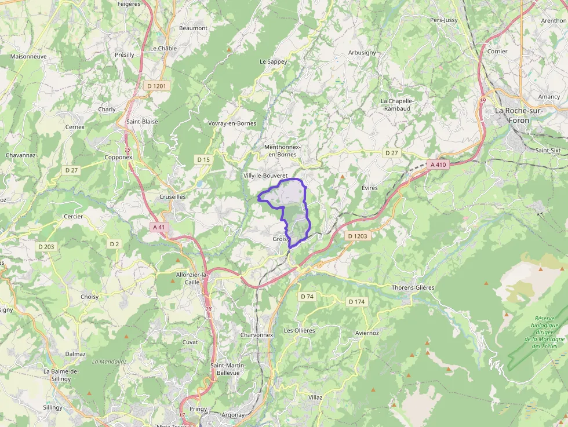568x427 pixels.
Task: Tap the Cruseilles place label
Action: click(172, 197)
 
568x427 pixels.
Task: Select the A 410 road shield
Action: click(438, 165)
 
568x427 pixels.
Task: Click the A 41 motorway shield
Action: click(159, 227)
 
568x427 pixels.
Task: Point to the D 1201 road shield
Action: click(156, 86)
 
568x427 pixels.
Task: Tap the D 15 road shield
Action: click(203, 159)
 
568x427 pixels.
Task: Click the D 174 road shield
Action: click(357, 302)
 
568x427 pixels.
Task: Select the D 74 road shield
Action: click(307, 297)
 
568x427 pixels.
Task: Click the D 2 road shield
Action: click(114, 244)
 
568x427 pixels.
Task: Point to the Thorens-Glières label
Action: click(413, 288)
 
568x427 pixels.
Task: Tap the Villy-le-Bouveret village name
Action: click(265, 175)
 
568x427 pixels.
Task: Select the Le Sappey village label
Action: click(273, 61)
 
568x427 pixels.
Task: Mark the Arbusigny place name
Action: click(362, 53)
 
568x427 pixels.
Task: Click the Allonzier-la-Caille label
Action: click(191, 278)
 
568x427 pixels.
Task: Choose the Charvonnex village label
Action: click(256, 335)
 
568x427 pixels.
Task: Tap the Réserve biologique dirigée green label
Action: click(545, 332)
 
